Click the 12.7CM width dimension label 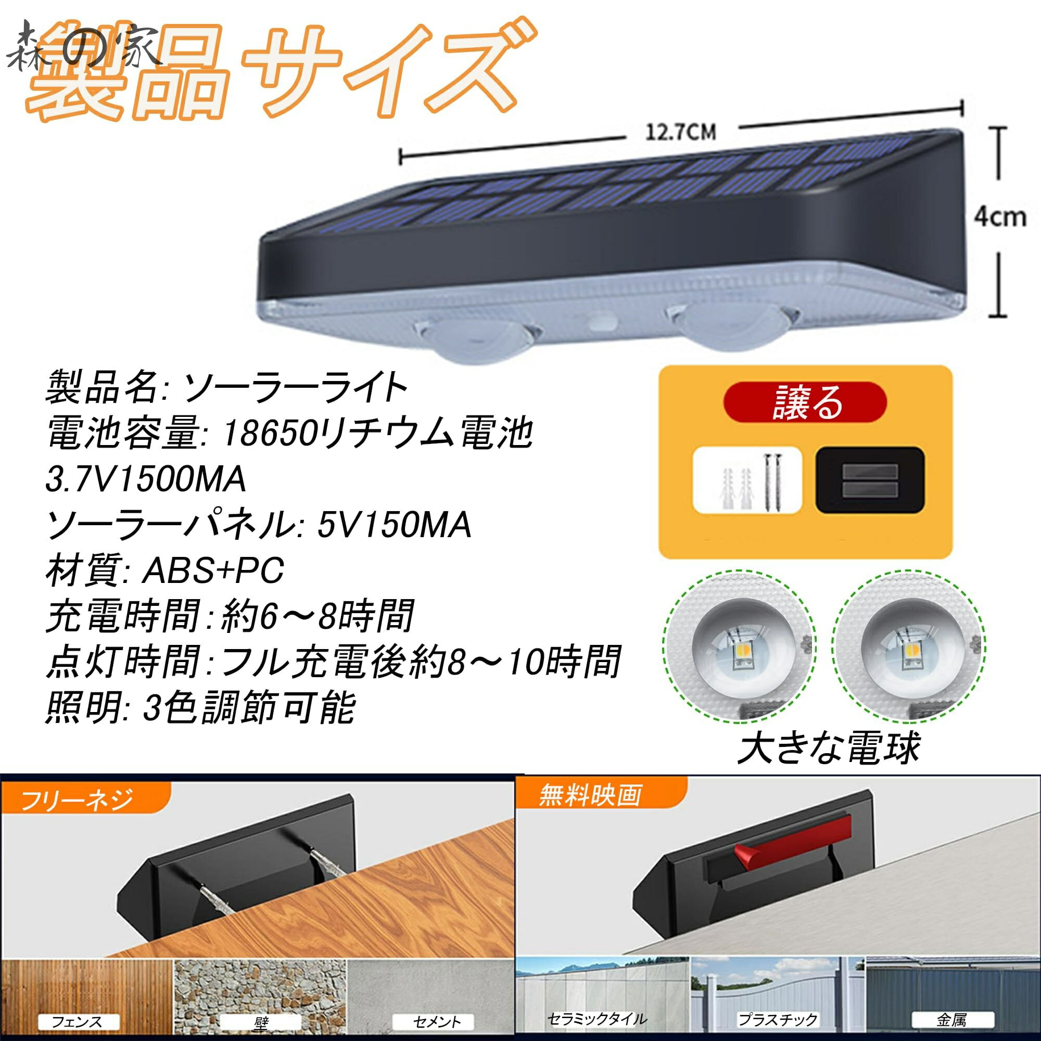[x=680, y=132]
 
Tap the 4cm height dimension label [x=999, y=217]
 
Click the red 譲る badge [x=805, y=402]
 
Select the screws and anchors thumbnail [x=747, y=480]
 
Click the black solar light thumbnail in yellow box [x=870, y=480]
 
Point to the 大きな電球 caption [x=829, y=748]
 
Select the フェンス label [x=77, y=1021]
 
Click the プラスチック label [x=778, y=1019]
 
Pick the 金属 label [x=952, y=1019]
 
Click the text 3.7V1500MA [x=146, y=479]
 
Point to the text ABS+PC [x=212, y=570]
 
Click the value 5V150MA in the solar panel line [x=394, y=525]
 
